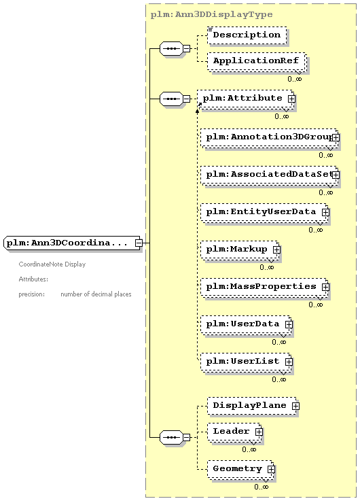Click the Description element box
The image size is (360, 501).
(247, 35)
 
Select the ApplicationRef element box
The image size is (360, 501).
(256, 61)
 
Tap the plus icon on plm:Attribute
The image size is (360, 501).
(291, 99)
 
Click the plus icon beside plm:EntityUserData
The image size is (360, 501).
(325, 212)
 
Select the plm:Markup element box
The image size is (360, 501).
(240, 249)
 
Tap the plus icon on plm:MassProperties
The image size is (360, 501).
(325, 287)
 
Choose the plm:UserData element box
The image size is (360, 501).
(246, 324)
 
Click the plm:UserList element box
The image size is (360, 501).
(246, 362)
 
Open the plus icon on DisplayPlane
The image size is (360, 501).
(296, 406)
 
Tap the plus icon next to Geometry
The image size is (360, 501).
(271, 469)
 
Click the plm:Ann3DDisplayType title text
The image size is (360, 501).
(212, 14)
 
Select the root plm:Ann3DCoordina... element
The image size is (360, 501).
(73, 243)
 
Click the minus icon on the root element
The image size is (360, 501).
(139, 243)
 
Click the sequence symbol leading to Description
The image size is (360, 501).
(171, 48)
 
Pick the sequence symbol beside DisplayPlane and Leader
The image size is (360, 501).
(171, 437)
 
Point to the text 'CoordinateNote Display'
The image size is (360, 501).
(52, 264)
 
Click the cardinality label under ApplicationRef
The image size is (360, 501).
(294, 79)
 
